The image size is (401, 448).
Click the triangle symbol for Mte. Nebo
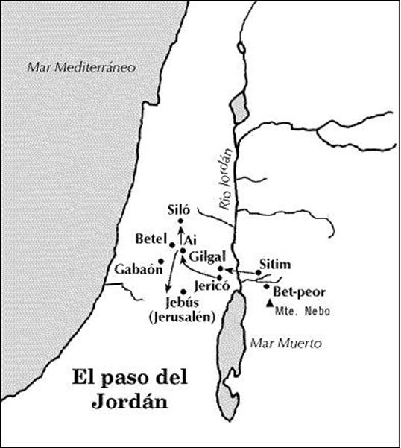(269, 303)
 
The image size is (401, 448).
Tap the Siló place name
(183, 210)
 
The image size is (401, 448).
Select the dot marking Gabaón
(161, 261)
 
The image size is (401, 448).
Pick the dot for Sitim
(258, 273)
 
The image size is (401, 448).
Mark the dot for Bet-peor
(266, 286)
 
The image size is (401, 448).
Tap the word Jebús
(183, 303)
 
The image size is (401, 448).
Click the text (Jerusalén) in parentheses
(182, 317)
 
